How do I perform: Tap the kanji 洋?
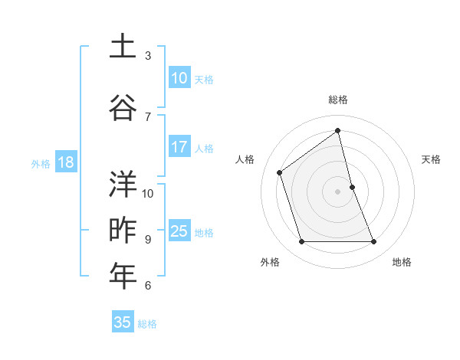(123, 184)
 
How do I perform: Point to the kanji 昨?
(123, 230)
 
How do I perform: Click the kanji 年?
(123, 276)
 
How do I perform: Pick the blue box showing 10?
(179, 79)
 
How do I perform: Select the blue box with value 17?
(179, 147)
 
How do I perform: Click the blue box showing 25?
(179, 231)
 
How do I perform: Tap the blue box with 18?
(65, 162)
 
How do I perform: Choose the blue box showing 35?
(123, 322)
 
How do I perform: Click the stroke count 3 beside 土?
(148, 55)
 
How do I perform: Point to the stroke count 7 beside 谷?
(148, 116)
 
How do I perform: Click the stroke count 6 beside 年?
(148, 286)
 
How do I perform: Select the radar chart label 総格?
(338, 100)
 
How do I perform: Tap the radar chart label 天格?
(431, 159)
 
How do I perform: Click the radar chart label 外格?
(270, 262)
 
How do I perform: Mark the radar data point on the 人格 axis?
(280, 172)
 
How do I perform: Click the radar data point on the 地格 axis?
(374, 242)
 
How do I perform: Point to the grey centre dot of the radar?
(338, 191)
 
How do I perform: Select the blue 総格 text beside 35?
(147, 324)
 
